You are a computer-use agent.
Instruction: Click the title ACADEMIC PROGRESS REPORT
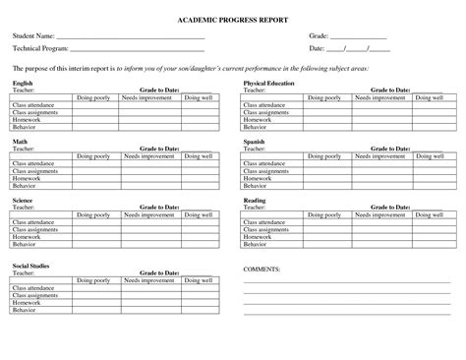(233, 20)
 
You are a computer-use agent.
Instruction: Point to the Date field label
(317, 48)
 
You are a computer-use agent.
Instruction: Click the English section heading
(22, 85)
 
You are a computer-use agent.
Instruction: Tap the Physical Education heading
(269, 85)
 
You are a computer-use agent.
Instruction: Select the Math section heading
(20, 142)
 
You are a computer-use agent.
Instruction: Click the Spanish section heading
(255, 142)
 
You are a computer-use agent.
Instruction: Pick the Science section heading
(23, 200)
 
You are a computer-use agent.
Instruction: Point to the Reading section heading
(255, 200)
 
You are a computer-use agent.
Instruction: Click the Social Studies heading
(30, 266)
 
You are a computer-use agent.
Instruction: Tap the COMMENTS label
(262, 268)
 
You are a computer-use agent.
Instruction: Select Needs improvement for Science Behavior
(147, 243)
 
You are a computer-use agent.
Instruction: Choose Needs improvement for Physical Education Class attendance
(379, 105)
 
